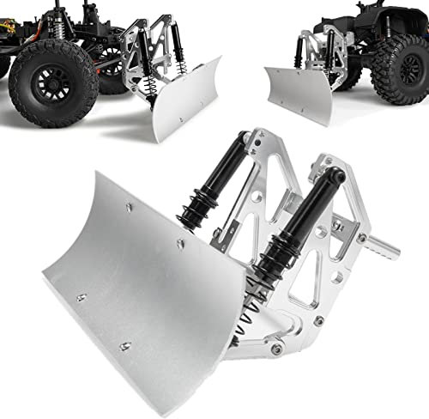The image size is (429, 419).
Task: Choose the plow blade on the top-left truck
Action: pyautogui.click(x=184, y=107)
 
